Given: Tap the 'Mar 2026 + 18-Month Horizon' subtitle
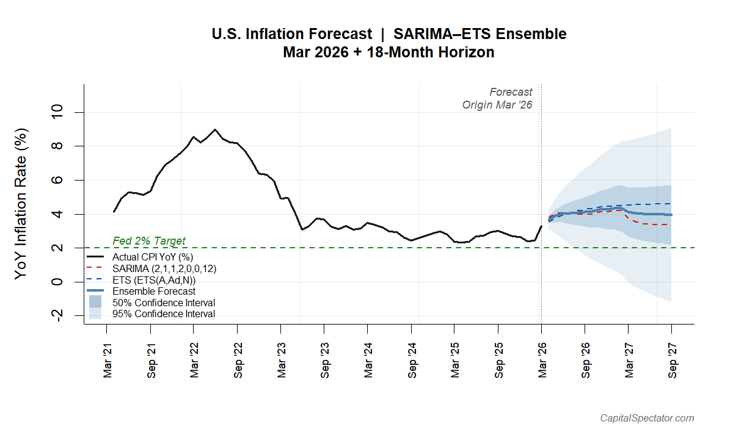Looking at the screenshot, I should click(388, 52).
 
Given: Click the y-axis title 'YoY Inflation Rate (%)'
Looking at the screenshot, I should click(21, 203).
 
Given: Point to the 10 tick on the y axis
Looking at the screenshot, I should click(58, 113).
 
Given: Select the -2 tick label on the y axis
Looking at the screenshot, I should click(58, 315).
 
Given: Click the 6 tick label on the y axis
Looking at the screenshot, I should click(58, 181).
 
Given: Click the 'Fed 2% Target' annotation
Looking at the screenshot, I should click(149, 241).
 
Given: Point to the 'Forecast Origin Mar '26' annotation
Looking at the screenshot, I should click(497, 98).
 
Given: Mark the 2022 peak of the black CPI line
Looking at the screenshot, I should click(214, 130).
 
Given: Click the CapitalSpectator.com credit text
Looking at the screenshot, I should click(647, 418).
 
